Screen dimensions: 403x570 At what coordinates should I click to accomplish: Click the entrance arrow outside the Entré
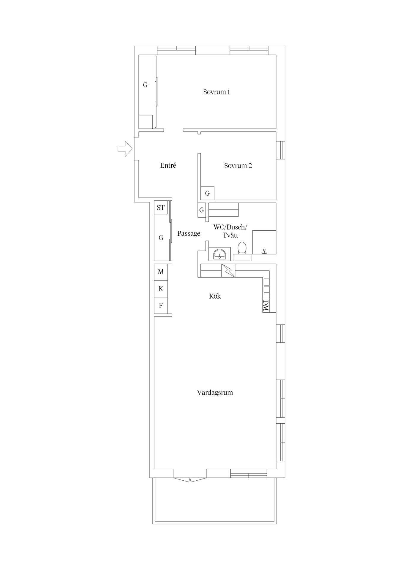pyautogui.click(x=125, y=148)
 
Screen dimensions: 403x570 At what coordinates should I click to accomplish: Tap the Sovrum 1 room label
pyautogui.click(x=216, y=92)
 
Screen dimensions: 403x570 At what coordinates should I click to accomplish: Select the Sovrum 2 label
pyautogui.click(x=238, y=166)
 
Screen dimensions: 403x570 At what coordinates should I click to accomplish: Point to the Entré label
pyautogui.click(x=168, y=165)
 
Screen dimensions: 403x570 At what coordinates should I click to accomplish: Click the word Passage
pyautogui.click(x=189, y=234)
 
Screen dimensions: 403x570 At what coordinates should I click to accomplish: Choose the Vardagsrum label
pyautogui.click(x=215, y=392)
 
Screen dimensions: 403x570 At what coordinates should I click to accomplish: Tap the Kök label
pyautogui.click(x=215, y=296)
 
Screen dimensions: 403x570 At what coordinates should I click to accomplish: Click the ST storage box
pyautogui.click(x=161, y=208)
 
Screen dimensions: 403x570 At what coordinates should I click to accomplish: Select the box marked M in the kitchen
pyautogui.click(x=161, y=272)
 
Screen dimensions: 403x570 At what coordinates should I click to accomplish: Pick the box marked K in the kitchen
pyautogui.click(x=161, y=289)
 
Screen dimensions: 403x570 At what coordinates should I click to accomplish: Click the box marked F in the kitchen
pyautogui.click(x=161, y=305)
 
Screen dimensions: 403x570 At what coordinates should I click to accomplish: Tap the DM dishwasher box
pyautogui.click(x=266, y=306)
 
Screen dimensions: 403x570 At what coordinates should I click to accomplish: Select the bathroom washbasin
pyautogui.click(x=219, y=254)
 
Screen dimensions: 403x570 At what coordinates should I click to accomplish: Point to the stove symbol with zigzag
pyautogui.click(x=228, y=270)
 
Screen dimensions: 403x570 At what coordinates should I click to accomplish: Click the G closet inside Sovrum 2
pyautogui.click(x=207, y=193)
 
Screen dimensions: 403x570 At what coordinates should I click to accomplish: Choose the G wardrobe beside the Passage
pyautogui.click(x=161, y=237)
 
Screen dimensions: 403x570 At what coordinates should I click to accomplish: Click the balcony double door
pyautogui.click(x=190, y=479)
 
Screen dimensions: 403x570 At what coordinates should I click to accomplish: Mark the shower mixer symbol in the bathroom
pyautogui.click(x=264, y=252)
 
